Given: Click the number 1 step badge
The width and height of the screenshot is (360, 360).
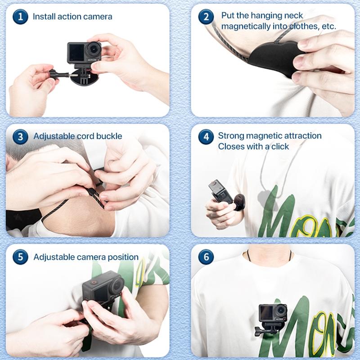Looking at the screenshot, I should click(19, 17).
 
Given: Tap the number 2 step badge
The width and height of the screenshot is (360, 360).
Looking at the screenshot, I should click(206, 17).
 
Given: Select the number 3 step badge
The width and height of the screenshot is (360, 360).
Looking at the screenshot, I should click(19, 136).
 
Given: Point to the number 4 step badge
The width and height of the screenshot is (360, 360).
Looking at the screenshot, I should click(206, 136).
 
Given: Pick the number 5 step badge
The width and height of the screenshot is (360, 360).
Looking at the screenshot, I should click(19, 257).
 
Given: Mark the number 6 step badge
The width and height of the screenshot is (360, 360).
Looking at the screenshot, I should click(206, 257).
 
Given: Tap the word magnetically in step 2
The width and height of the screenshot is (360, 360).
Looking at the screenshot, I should click(246, 27).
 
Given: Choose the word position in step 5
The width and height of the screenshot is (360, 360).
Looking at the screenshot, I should click(121, 257).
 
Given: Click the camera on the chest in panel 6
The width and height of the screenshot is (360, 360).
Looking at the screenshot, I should click(273, 314).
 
